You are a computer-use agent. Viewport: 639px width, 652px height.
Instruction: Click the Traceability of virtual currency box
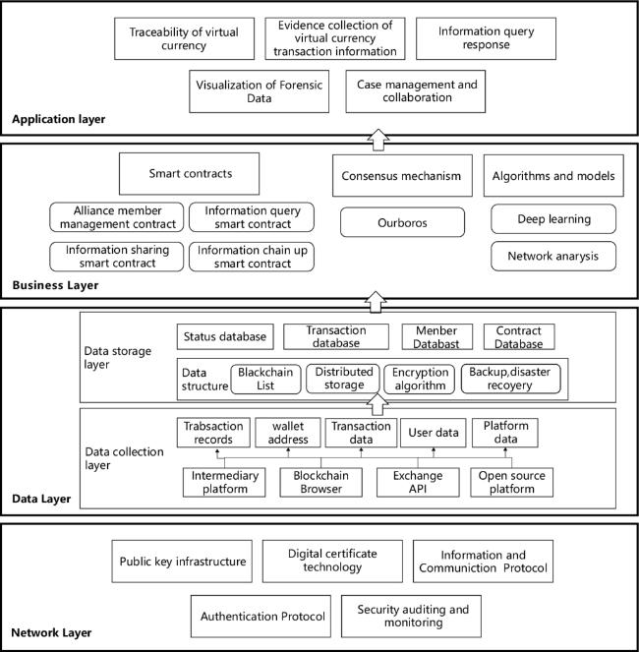[184, 38]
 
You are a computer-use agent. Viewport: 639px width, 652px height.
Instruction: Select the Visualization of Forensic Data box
[259, 91]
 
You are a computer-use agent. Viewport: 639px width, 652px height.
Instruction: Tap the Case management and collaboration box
[415, 91]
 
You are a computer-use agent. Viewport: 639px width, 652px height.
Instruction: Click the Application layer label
[59, 119]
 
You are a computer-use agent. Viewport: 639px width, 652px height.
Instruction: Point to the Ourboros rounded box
[402, 222]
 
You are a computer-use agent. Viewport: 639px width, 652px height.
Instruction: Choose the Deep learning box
[553, 218]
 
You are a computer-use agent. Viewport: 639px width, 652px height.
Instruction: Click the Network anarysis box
[553, 256]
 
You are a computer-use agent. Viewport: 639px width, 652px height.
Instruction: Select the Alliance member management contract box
[116, 217]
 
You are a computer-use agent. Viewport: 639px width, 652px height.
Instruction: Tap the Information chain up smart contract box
[252, 257]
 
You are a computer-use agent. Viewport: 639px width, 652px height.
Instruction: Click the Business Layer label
[55, 285]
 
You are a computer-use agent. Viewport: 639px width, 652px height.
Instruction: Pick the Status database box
[225, 336]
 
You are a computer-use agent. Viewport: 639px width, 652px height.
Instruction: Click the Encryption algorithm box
[419, 379]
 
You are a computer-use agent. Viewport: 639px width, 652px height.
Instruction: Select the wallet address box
[288, 433]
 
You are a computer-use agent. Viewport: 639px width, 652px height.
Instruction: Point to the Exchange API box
[418, 482]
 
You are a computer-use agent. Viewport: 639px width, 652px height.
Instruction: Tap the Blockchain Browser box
[320, 482]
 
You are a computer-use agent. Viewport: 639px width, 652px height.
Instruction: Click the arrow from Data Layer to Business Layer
[376, 302]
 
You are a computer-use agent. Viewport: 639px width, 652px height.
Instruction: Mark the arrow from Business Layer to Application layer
[378, 140]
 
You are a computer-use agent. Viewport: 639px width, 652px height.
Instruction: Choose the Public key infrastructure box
[182, 562]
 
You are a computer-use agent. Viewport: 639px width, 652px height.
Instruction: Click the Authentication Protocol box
[261, 617]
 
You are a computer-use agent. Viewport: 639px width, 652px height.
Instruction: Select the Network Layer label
[51, 633]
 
